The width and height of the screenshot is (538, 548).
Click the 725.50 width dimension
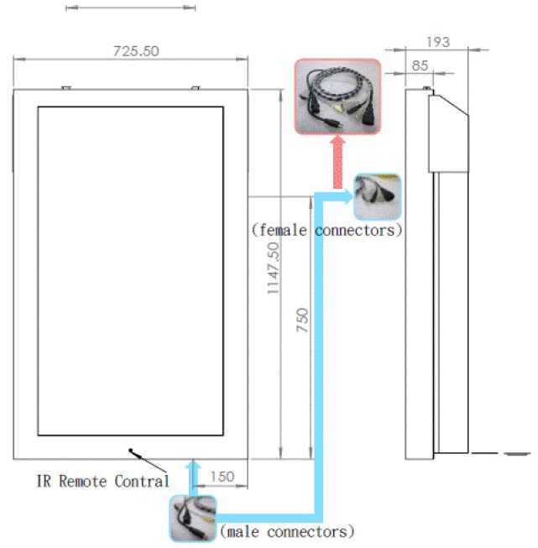coord(136,51)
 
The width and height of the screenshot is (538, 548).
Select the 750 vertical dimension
coord(302,325)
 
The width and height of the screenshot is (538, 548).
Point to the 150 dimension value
coord(222,477)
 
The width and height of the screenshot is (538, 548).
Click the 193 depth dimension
coord(437,42)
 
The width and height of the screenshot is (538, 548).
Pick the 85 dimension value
coord(420,65)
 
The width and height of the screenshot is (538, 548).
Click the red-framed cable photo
coord(337,97)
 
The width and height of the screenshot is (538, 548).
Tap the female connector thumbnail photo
coord(378,196)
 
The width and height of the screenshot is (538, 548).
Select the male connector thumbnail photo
coord(193,519)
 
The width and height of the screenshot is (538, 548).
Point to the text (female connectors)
coord(326,229)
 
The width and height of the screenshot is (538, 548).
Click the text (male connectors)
coord(286,531)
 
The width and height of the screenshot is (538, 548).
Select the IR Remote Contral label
coord(102,481)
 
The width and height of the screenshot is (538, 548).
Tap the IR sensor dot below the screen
coord(131,451)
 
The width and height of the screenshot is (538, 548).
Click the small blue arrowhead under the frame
coord(194,464)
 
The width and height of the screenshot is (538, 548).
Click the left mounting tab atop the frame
coord(66,86)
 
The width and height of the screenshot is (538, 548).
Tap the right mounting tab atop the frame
coord(196,86)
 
